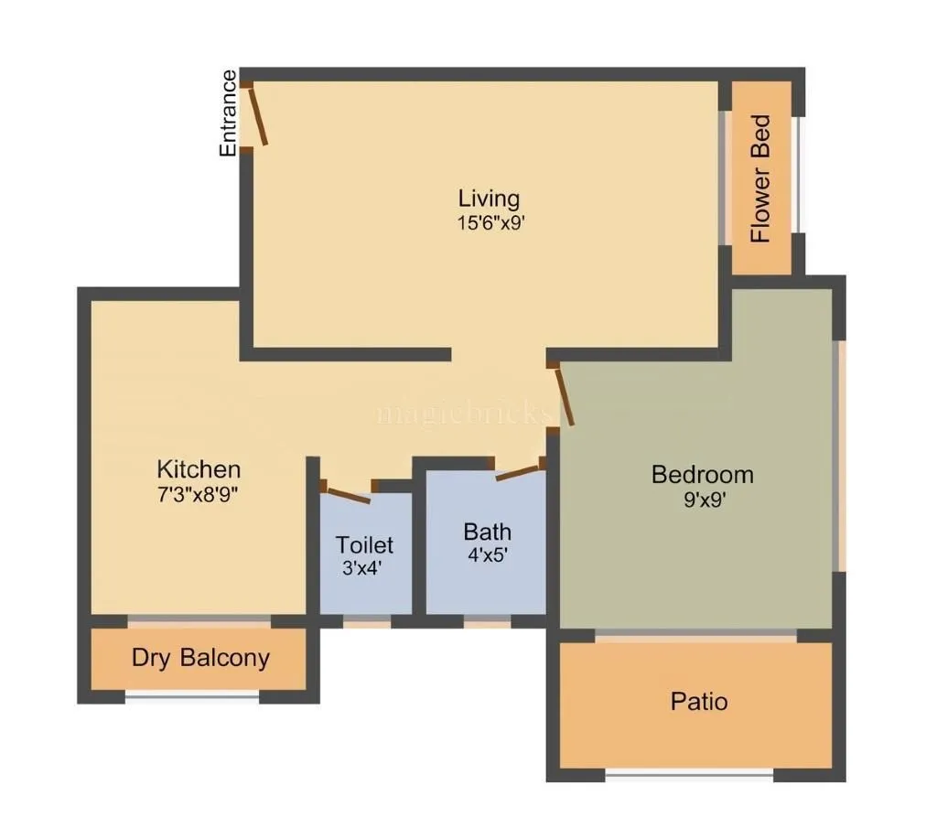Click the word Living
point(489,199)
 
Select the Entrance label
point(228,113)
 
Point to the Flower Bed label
point(760,178)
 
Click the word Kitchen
point(199,470)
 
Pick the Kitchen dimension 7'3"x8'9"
point(199,494)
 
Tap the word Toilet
point(364,545)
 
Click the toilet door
point(348,493)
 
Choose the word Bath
point(487,532)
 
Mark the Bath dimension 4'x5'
point(487,554)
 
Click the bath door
point(518,472)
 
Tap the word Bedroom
point(702,475)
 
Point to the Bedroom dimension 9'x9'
point(702,499)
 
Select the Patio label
point(699,702)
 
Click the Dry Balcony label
point(200,658)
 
